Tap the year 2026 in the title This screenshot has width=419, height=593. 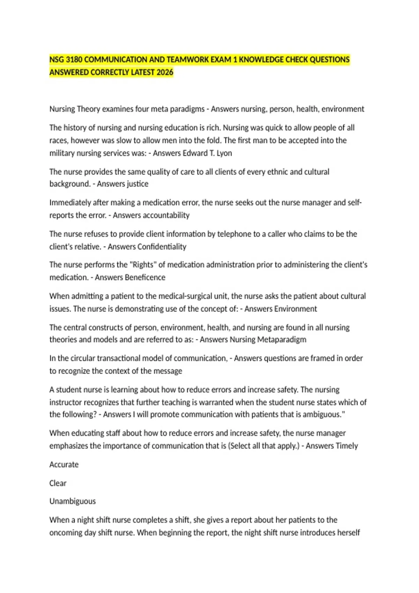(x=165, y=72)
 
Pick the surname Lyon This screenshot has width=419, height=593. (x=224, y=153)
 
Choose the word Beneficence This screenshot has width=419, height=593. (x=145, y=277)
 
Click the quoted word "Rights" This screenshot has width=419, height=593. (x=143, y=265)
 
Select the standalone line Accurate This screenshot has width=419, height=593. (x=64, y=465)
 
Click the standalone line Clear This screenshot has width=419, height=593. (x=58, y=483)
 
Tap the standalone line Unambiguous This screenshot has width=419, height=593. (x=72, y=501)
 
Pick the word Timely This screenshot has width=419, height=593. (x=346, y=446)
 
